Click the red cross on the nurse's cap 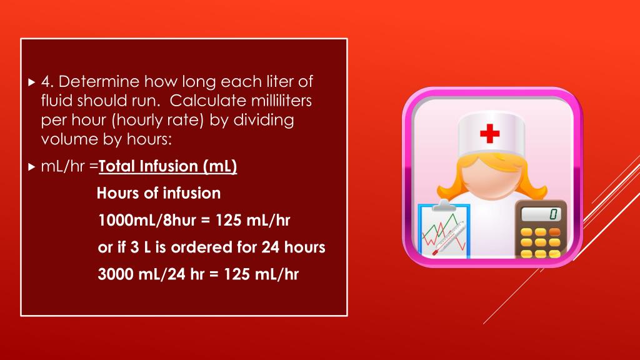pos(490,134)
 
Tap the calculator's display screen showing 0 pos(541,214)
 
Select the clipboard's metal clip pos(443,205)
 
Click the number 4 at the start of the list pos(47,82)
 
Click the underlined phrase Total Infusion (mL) pos(167,166)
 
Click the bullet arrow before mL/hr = pos(32,166)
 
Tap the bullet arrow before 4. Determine pos(32,82)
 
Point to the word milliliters pos(282,101)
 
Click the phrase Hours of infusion pos(159,193)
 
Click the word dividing pos(264,121)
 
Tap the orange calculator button pos(555,232)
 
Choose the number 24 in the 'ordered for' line pos(270,247)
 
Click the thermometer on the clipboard pos(448,238)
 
